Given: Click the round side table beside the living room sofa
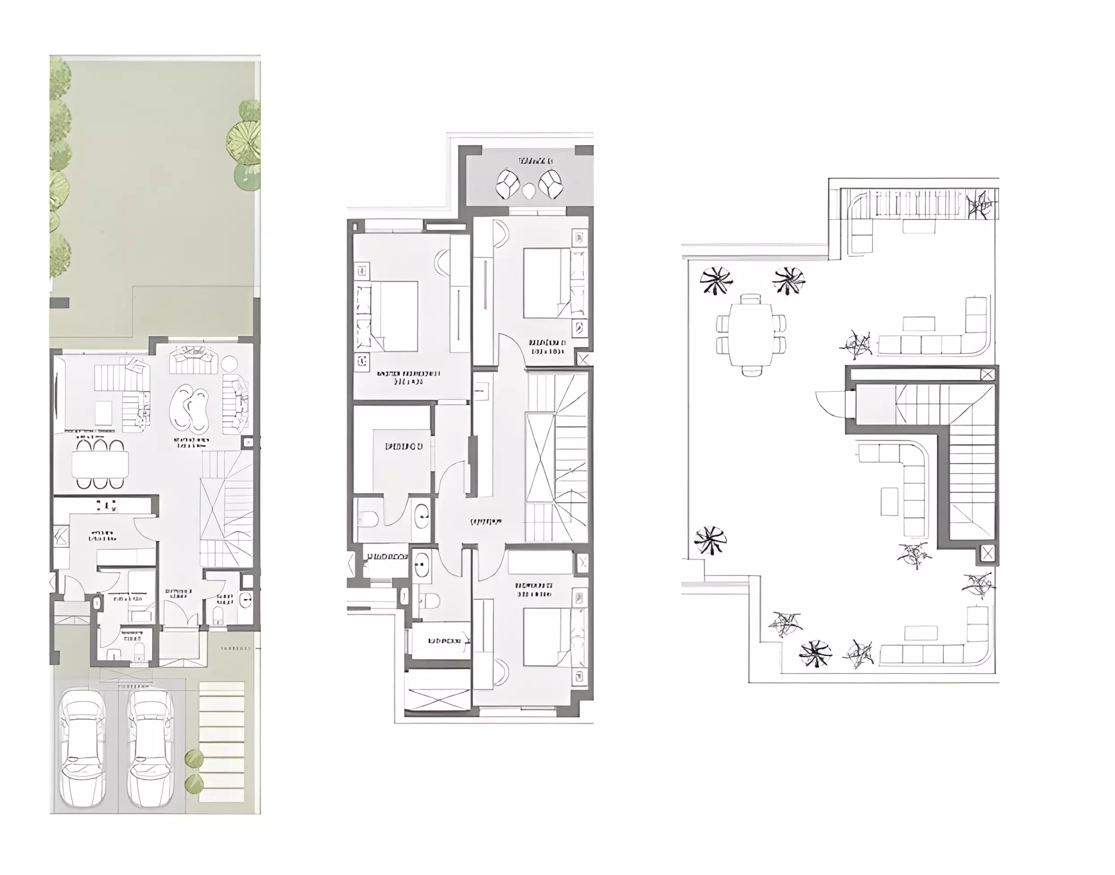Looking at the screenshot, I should (229, 364).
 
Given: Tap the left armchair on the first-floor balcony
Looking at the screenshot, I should (508, 184).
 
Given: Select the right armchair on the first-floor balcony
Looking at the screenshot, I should (551, 184).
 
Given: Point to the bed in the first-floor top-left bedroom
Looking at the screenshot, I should (394, 316).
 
